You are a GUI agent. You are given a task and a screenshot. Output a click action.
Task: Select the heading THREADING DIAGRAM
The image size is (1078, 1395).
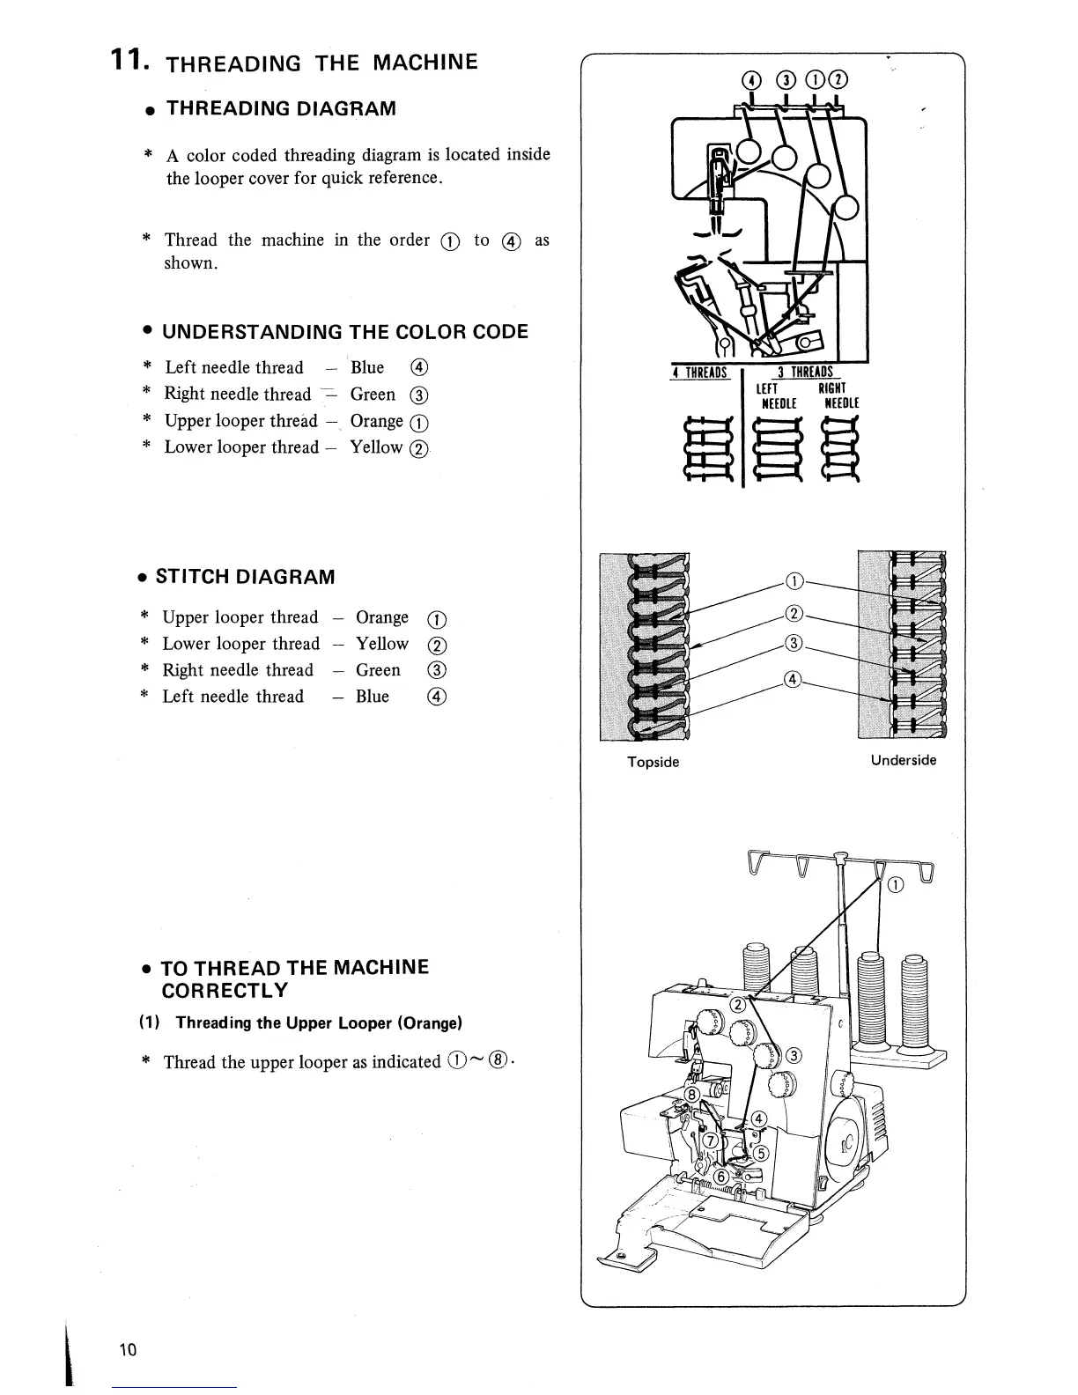(281, 108)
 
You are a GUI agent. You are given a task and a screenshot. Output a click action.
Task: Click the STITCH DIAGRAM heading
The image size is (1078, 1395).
(245, 577)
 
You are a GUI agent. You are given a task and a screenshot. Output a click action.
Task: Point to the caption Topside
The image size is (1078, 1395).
(653, 762)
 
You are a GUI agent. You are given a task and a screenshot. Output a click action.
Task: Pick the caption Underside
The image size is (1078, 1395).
(904, 760)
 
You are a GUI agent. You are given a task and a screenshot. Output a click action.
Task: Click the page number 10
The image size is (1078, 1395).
(129, 1350)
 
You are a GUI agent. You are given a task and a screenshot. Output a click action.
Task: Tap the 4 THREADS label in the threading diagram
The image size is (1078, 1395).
(700, 373)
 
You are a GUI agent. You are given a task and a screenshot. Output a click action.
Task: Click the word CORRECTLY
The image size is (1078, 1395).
(225, 991)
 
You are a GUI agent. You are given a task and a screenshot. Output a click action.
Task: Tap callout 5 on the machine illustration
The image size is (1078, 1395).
(762, 1155)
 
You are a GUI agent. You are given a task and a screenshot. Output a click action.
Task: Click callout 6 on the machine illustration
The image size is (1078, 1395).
(720, 1177)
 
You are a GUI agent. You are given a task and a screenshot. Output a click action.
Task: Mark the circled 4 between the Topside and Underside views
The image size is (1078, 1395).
(793, 680)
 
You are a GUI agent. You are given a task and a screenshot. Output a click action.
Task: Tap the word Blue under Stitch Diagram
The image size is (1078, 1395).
(372, 697)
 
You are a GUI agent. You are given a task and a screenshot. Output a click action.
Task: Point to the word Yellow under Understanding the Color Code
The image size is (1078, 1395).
(376, 447)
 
